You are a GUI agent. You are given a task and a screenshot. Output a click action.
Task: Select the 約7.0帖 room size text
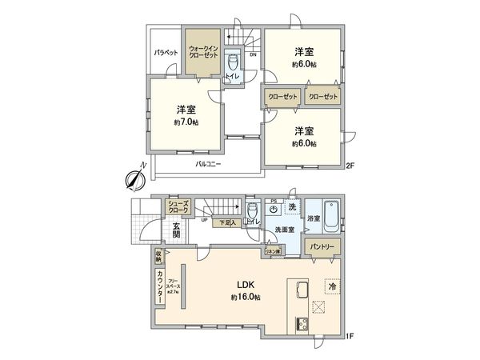tap(186, 122)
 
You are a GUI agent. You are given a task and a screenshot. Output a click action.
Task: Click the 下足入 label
tap(228, 225)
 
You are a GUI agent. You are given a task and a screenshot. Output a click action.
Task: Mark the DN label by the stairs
tap(253, 55)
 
